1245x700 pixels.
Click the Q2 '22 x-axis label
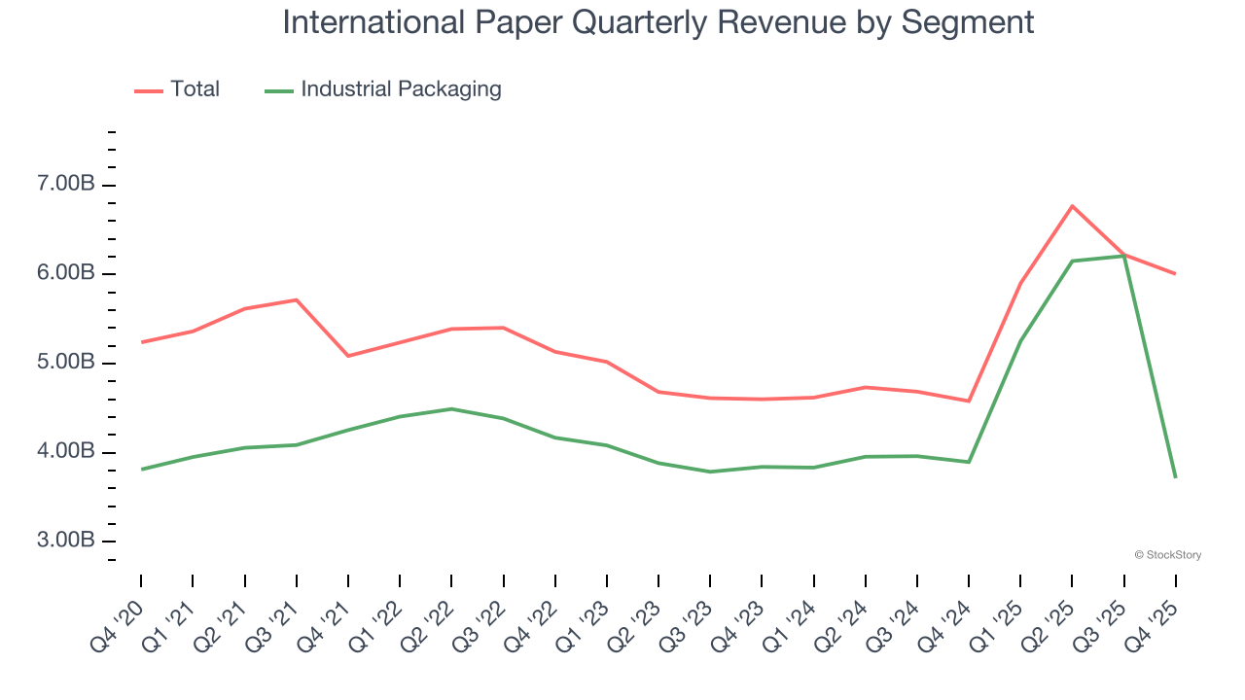pyautogui.click(x=427, y=623)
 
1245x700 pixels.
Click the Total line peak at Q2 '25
pyautogui.click(x=1072, y=205)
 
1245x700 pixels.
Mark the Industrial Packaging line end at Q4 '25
pyautogui.click(x=1175, y=476)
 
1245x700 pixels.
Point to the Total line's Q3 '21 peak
pyautogui.click(x=296, y=299)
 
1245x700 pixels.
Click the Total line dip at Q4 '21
pyautogui.click(x=347, y=356)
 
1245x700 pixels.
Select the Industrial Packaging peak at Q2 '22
pyautogui.click(x=451, y=408)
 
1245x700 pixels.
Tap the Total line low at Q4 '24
pyautogui.click(x=969, y=401)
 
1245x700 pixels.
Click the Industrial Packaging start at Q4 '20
pyautogui.click(x=141, y=470)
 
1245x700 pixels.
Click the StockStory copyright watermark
pyautogui.click(x=1167, y=555)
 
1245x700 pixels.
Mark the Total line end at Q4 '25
pyautogui.click(x=1175, y=273)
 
